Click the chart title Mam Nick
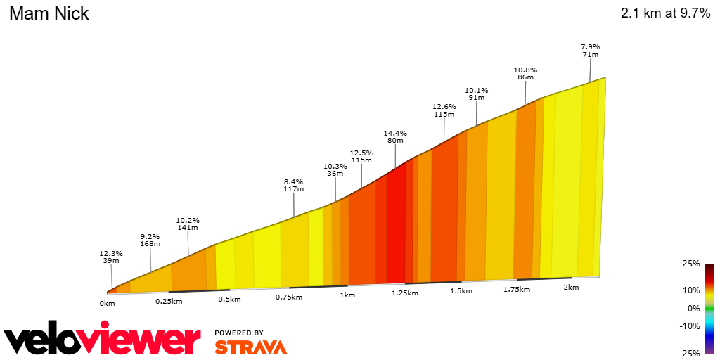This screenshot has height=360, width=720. pyautogui.click(x=49, y=14)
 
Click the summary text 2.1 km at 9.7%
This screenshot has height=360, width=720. pyautogui.click(x=665, y=14)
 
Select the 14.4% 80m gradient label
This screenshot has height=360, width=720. pyautogui.click(x=395, y=136)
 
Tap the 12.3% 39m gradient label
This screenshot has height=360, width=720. pyautogui.click(x=111, y=257)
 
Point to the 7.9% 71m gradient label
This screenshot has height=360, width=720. pyautogui.click(x=590, y=51)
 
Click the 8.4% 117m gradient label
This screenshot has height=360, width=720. pyautogui.click(x=293, y=185)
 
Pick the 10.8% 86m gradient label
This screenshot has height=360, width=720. pyautogui.click(x=525, y=73)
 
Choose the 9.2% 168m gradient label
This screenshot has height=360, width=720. pyautogui.click(x=150, y=240)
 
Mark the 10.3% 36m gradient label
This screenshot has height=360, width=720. pyautogui.click(x=335, y=169)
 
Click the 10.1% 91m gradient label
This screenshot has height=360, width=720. pyautogui.click(x=476, y=94)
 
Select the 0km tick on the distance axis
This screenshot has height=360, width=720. pyautogui.click(x=107, y=304)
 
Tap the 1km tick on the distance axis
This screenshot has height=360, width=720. pyautogui.click(x=347, y=295)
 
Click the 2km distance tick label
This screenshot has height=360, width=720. pyautogui.click(x=571, y=287)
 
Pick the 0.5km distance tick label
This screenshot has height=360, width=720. pyautogui.click(x=229, y=299)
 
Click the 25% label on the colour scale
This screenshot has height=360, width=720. pyautogui.click(x=691, y=264)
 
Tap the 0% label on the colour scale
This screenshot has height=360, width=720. pyautogui.click(x=693, y=308)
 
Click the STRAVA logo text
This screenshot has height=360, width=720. pyautogui.click(x=250, y=347)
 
